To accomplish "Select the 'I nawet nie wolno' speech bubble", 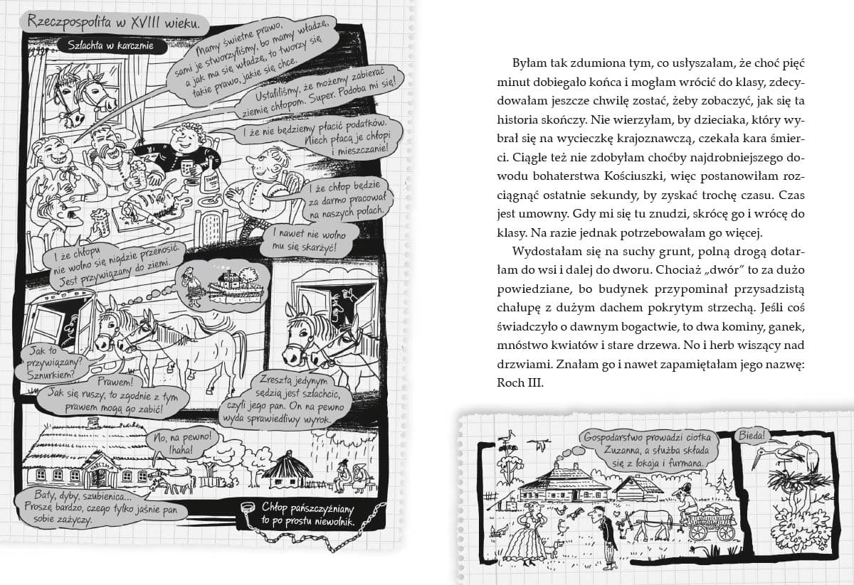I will point(305,240).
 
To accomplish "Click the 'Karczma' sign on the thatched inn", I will point(95,463).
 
